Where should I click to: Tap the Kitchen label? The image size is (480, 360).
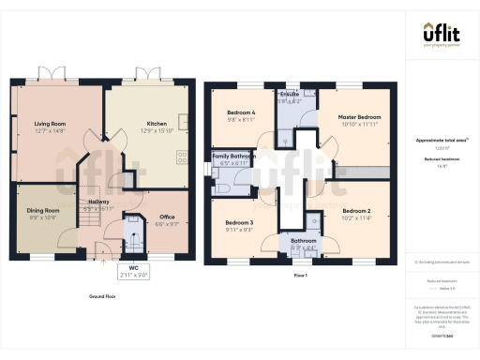[x=157, y=122]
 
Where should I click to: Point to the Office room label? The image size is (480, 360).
[x=167, y=217]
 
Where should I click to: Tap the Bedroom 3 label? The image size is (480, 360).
[x=239, y=223]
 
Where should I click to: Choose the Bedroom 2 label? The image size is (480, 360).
[x=357, y=212]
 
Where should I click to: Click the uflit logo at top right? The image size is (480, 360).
[x=441, y=36]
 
